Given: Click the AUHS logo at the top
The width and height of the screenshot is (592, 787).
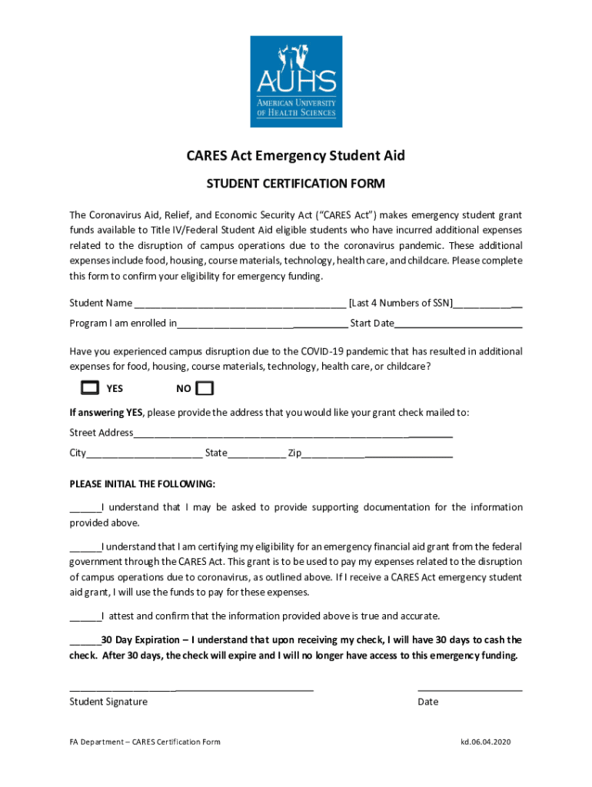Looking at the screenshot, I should point(296,81).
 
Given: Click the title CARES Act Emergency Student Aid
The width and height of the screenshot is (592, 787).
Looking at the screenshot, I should point(296,156).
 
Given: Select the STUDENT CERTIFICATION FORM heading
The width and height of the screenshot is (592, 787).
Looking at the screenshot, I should point(296,184).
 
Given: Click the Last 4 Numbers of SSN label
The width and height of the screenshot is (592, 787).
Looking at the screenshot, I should point(401,303).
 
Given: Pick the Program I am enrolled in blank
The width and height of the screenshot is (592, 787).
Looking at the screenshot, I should point(262,324).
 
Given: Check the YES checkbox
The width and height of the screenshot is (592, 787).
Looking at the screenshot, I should point(90,387).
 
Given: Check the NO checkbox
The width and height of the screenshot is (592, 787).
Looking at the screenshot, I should point(205,387).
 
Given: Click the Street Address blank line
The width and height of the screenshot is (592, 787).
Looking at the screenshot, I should point(293,433).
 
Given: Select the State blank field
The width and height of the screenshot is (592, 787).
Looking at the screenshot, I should point(256,453).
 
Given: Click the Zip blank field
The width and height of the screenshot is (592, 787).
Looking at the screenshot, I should point(377,453).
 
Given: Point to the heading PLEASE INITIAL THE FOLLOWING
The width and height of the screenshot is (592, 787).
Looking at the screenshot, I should point(142,484).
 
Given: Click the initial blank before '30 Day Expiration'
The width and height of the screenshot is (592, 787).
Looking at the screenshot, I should point(85,640).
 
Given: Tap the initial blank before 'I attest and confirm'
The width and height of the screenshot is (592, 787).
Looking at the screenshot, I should point(85,616).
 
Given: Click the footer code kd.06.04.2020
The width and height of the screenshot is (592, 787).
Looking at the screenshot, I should point(485,742).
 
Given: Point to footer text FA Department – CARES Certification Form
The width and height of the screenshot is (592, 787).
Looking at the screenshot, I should point(145,742).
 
